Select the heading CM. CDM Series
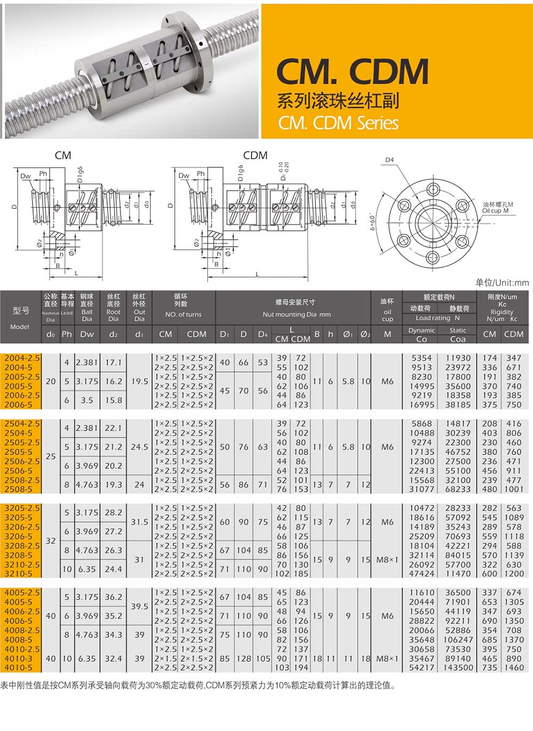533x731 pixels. [338, 123]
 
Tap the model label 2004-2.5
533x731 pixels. [22, 358]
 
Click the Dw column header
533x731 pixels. [87, 334]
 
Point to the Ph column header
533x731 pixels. [67, 334]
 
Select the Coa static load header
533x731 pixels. [457, 339]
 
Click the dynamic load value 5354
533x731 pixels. [421, 358]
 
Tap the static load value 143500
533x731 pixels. [458, 668]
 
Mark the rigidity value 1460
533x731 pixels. [514, 668]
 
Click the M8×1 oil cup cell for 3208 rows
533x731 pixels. [387, 559]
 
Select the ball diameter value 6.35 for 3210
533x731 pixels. [87, 569]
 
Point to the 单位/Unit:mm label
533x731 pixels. [502, 282]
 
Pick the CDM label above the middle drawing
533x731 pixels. [255, 155]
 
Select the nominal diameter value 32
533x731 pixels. [51, 541]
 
